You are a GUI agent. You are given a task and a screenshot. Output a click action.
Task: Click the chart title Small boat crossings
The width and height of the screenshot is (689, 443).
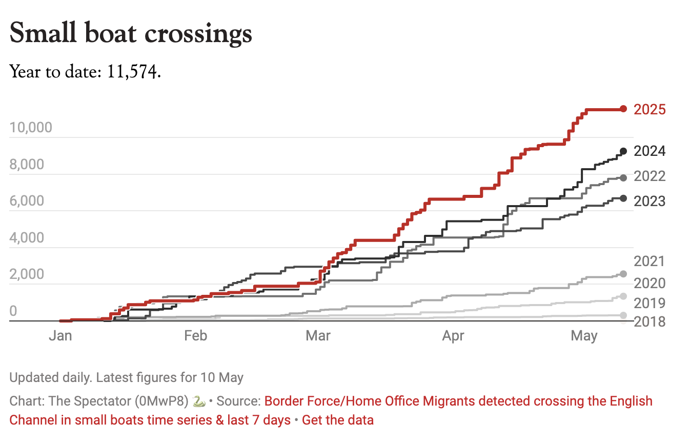pyautogui.click(x=131, y=34)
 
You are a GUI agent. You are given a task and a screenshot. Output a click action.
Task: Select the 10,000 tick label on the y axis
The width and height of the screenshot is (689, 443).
pyautogui.click(x=31, y=127)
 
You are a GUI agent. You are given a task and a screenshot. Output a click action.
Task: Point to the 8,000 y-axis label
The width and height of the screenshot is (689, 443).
pyautogui.click(x=27, y=165)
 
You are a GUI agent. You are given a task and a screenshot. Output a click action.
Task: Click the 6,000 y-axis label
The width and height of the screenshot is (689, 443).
pyautogui.click(x=27, y=201)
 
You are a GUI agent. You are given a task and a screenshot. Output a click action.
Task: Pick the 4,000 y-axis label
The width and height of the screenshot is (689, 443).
pyautogui.click(x=27, y=238)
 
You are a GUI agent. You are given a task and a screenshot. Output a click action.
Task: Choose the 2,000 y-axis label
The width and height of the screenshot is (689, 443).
pyautogui.click(x=27, y=274)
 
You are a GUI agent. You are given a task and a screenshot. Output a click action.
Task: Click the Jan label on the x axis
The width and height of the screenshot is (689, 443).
pyautogui.click(x=60, y=336)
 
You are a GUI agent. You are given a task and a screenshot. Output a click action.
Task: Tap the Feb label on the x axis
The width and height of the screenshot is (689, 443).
pyautogui.click(x=195, y=336)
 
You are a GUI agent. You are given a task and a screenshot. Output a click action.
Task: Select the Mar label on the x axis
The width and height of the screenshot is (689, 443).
pyautogui.click(x=318, y=336)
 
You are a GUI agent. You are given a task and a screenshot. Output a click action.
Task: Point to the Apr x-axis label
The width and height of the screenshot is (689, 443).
pyautogui.click(x=453, y=336)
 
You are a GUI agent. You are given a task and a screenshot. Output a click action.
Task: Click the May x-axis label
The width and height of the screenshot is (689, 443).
pyautogui.click(x=584, y=336)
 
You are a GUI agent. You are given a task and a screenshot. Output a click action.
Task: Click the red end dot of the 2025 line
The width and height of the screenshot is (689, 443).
pyautogui.click(x=623, y=109)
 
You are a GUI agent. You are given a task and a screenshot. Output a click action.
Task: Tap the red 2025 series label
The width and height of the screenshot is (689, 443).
pyautogui.click(x=650, y=109)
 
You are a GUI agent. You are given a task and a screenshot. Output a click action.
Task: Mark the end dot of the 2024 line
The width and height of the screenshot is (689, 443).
pyautogui.click(x=623, y=151)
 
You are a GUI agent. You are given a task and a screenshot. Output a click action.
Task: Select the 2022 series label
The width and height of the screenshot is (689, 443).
pyautogui.click(x=650, y=176)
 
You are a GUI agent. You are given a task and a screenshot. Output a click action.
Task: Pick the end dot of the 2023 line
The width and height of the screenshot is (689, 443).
pyautogui.click(x=623, y=198)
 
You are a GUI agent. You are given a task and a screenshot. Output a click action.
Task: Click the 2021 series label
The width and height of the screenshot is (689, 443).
pyautogui.click(x=650, y=261)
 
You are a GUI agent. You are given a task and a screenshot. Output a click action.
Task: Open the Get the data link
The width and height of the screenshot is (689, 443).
pyautogui.click(x=337, y=420)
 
